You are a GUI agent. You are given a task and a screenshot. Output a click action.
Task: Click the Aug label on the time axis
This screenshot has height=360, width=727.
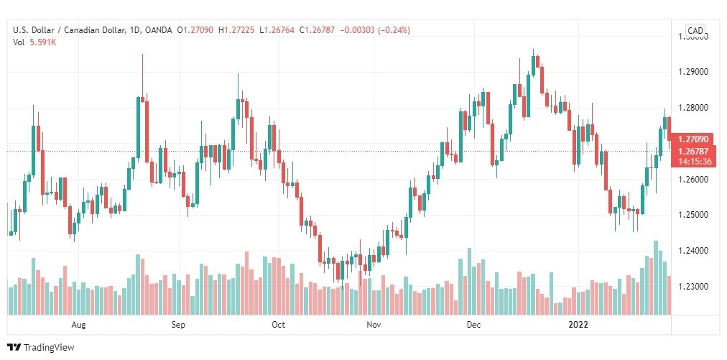click(79, 325)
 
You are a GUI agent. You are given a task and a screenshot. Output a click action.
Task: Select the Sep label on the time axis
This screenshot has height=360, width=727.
click(179, 325)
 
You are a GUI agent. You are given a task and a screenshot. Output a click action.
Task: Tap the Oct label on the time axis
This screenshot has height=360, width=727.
click(278, 325)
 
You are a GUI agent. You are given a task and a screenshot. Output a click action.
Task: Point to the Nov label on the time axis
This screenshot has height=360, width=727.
click(373, 325)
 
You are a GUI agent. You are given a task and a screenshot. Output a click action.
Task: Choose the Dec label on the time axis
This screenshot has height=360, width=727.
click(473, 325)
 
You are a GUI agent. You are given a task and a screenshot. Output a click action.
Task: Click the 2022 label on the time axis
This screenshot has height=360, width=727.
click(578, 325)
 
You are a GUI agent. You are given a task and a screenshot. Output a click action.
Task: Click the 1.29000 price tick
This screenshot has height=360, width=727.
click(694, 72)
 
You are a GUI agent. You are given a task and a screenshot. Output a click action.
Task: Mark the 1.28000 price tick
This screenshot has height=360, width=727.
click(694, 108)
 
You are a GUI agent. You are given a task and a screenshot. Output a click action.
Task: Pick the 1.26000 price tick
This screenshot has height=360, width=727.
click(694, 179)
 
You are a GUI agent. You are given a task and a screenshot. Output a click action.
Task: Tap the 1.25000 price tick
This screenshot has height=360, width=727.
click(694, 215)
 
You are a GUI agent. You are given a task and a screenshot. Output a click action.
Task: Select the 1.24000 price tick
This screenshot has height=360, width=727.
click(694, 251)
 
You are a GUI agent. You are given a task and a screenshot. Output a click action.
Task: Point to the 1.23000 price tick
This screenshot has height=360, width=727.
click(694, 287)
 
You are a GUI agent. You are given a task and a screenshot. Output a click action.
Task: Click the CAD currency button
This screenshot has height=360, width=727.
click(695, 30)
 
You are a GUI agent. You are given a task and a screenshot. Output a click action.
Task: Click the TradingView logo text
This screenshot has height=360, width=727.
click(49, 348)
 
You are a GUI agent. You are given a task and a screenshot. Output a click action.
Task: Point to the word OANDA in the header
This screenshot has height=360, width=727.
click(157, 30)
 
